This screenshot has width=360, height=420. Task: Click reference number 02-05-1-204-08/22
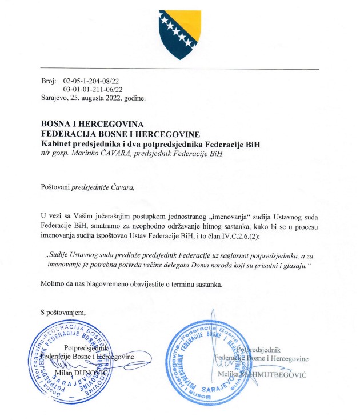click(93, 82)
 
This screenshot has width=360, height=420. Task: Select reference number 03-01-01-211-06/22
click(93, 90)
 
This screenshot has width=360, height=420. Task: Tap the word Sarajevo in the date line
click(54, 98)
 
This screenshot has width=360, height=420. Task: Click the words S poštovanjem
click(63, 312)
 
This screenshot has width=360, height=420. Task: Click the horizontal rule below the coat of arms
click(179, 69)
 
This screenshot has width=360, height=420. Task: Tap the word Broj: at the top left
click(50, 82)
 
